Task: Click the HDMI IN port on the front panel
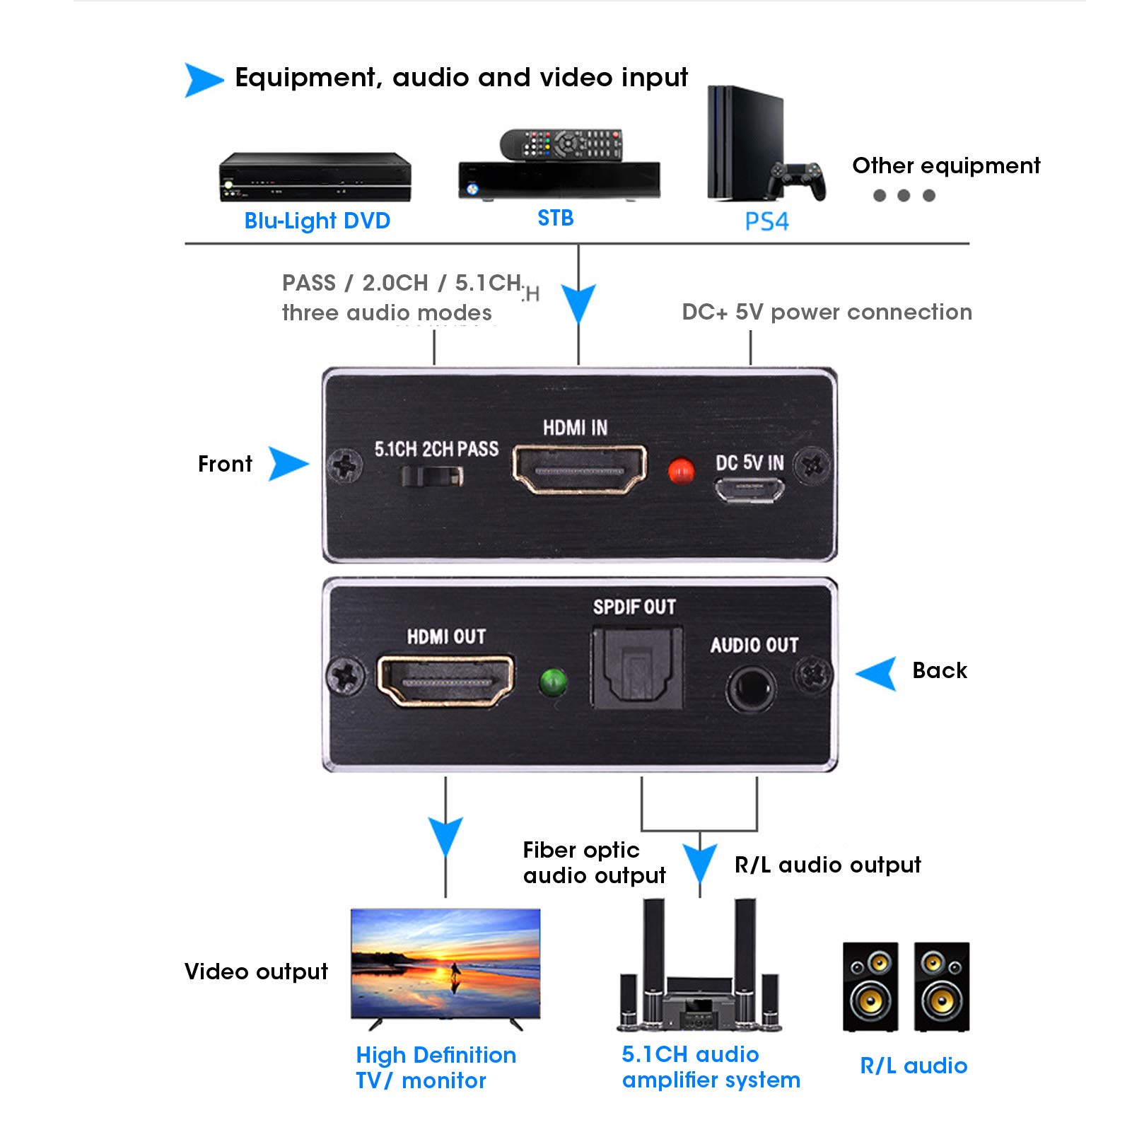coord(579,469)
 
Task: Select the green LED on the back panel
coord(553,682)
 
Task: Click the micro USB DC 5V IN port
coord(749,489)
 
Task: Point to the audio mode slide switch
coord(432,476)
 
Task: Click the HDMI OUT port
coord(445,680)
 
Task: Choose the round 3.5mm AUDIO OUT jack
coord(751,689)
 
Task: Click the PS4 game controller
coord(798,180)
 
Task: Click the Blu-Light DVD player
coord(315,177)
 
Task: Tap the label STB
coord(556,218)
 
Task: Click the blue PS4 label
coord(766,221)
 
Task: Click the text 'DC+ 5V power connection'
coord(827,312)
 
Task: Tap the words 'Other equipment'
coord(946,165)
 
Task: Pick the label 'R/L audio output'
coord(827,865)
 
